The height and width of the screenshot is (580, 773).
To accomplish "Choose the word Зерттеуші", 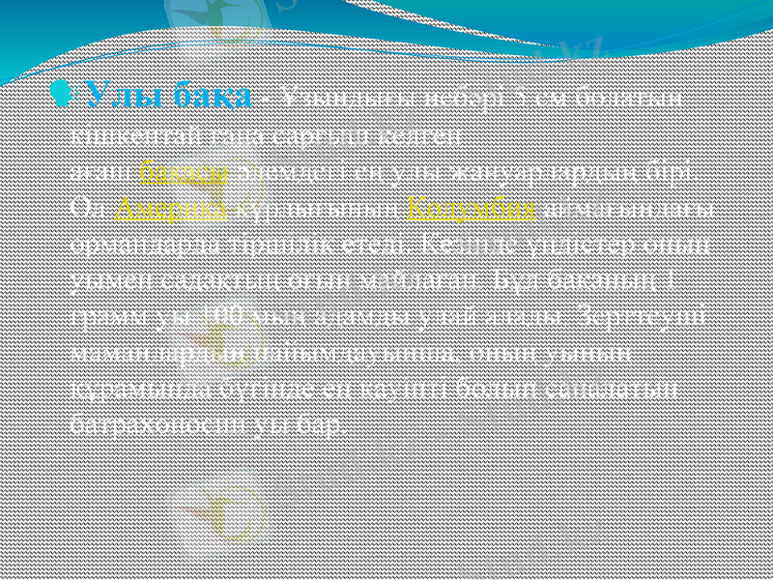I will point(653,316).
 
